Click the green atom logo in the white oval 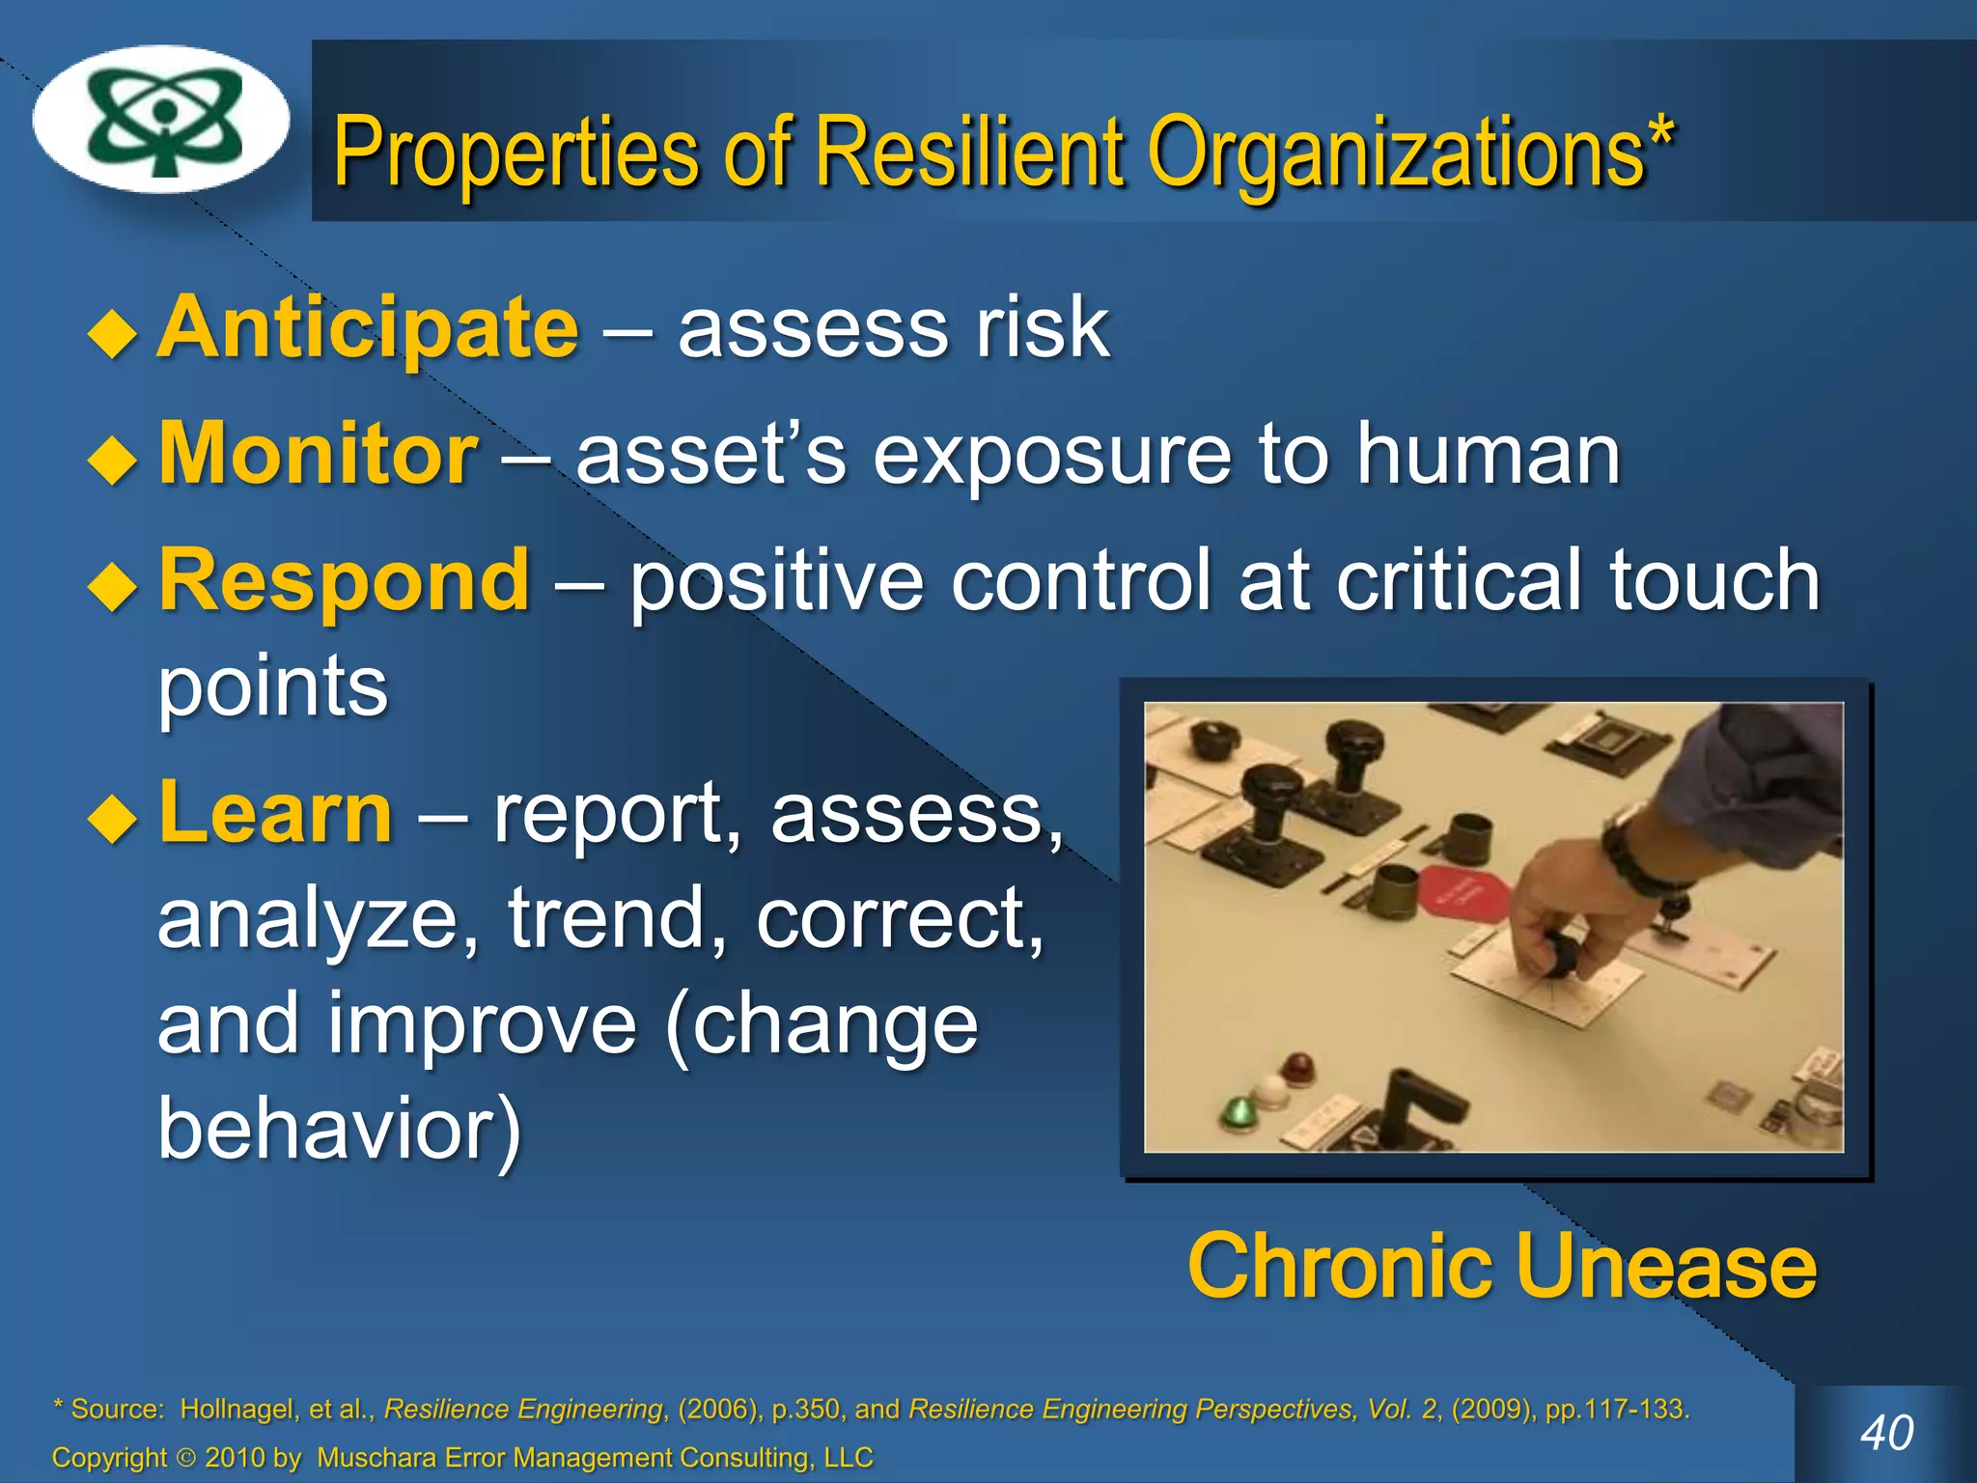pyautogui.click(x=162, y=120)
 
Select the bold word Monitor pyautogui.click(x=319, y=453)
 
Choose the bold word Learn pyautogui.click(x=276, y=812)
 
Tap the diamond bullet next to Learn pyautogui.click(x=113, y=819)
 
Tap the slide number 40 pyautogui.click(x=1886, y=1432)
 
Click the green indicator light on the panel pyautogui.click(x=1236, y=1111)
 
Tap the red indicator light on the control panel pyautogui.click(x=1297, y=1068)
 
